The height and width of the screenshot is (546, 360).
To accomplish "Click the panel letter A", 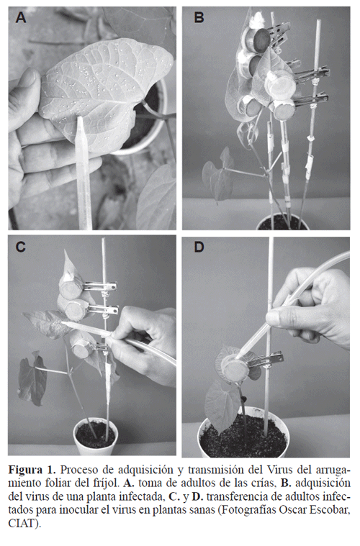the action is (21, 17).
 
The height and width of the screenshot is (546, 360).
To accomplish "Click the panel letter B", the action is (199, 17).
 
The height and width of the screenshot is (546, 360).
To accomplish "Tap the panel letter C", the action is (21, 247).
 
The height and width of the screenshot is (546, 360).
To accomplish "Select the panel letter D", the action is (199, 247).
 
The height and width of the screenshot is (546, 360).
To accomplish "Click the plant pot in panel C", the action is (95, 437).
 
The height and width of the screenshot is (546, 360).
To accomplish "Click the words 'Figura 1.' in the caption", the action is (32, 470).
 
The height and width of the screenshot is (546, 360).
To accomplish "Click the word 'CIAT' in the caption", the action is (22, 523).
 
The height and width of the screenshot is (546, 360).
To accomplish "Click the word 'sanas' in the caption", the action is (199, 510).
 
